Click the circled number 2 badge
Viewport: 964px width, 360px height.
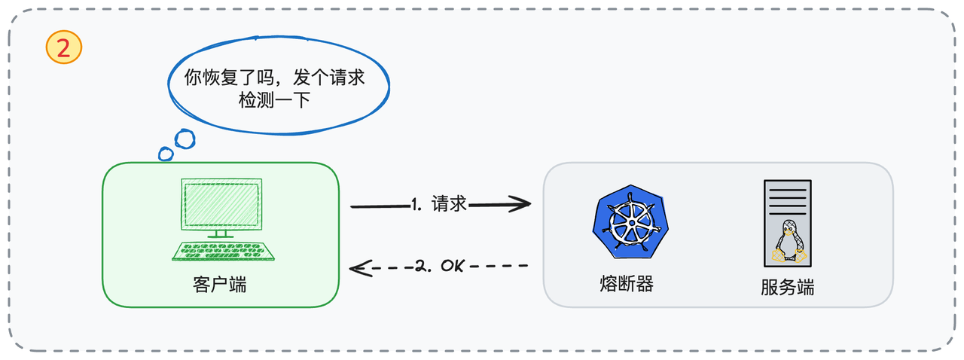(64, 48)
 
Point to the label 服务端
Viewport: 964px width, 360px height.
(787, 288)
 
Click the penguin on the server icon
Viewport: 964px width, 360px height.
(789, 242)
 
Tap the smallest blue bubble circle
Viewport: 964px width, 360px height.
(166, 154)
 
